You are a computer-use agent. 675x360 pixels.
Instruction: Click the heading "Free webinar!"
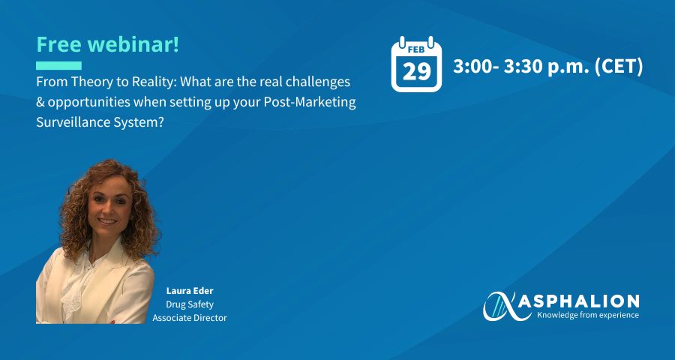pyautogui.click(x=107, y=44)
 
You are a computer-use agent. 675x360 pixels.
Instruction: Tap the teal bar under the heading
pyautogui.click(x=58, y=65)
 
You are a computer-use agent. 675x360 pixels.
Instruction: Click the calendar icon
pyautogui.click(x=416, y=64)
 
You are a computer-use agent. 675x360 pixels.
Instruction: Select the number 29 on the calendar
pyautogui.click(x=416, y=71)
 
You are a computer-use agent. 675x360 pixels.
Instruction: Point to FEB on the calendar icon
pyautogui.click(x=416, y=50)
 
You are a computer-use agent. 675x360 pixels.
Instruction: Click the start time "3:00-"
pyautogui.click(x=475, y=67)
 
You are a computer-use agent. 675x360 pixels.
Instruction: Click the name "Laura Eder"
pyautogui.click(x=190, y=291)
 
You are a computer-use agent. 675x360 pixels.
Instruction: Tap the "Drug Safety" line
pyautogui.click(x=190, y=304)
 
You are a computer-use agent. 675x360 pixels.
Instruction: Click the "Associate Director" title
pyautogui.click(x=190, y=318)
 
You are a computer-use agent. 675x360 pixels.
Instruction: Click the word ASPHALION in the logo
pyautogui.click(x=578, y=301)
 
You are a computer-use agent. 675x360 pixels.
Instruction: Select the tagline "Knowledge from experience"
pyautogui.click(x=587, y=315)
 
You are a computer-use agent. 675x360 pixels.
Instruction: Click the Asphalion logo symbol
pyautogui.click(x=505, y=306)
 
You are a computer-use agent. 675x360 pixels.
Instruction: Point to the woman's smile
pyautogui.click(x=107, y=220)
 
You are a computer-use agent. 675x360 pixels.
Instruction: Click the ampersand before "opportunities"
pyautogui.click(x=40, y=103)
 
